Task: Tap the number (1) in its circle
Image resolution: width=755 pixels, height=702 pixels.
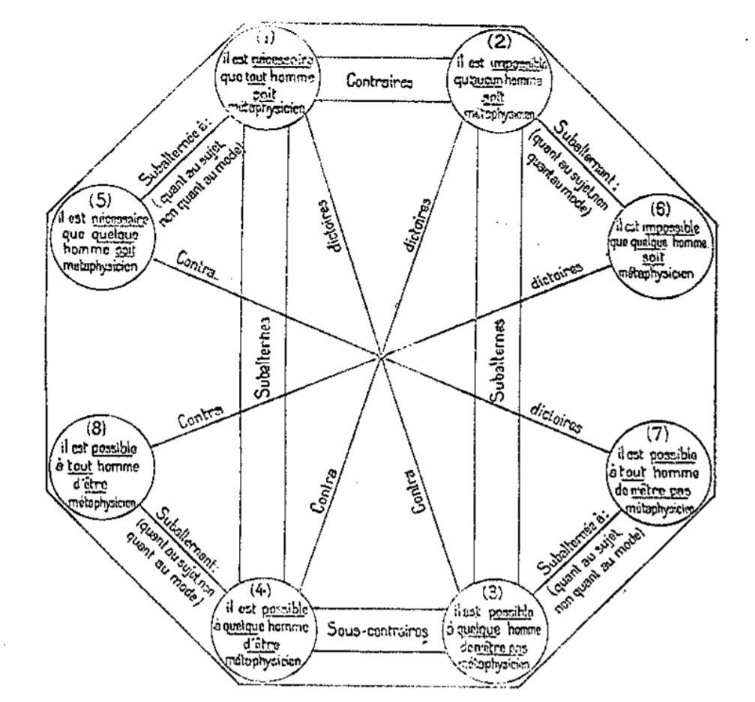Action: coord(267,37)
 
